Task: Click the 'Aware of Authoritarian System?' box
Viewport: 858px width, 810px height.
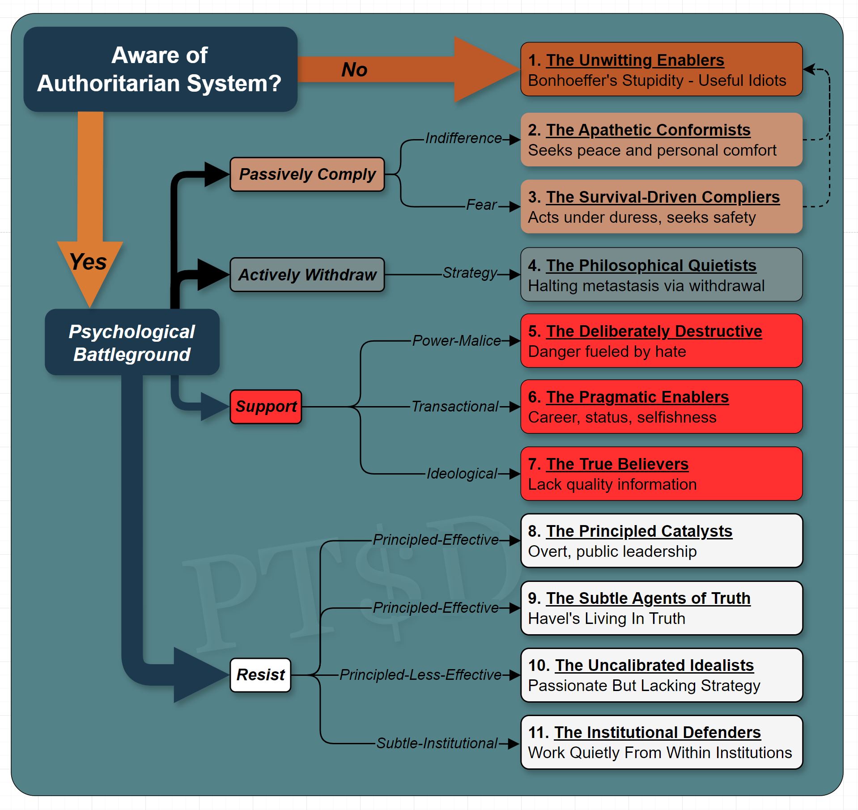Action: [160, 69]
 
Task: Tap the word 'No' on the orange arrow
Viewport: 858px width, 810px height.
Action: [354, 70]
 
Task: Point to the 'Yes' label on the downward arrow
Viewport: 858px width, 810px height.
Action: [88, 262]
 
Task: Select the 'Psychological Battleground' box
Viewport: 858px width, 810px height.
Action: [132, 343]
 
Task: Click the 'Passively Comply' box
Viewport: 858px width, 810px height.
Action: [307, 174]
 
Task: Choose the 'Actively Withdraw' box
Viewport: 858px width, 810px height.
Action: [307, 275]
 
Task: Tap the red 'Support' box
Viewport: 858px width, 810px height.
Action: [266, 406]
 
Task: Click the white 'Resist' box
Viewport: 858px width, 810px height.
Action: [260, 674]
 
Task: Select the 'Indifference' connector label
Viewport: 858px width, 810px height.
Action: [463, 138]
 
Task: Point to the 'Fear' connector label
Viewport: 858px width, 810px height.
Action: [481, 205]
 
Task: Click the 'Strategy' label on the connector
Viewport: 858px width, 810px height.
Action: [470, 272]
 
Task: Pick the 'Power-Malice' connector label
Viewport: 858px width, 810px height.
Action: [456, 341]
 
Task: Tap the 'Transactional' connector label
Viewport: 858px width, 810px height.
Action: [454, 406]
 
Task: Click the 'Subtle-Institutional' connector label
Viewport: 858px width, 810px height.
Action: [437, 743]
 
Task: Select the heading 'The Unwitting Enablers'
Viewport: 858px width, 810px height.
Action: [635, 60]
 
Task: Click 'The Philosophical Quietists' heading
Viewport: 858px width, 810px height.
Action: [651, 265]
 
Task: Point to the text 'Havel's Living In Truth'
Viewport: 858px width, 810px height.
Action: [607, 619]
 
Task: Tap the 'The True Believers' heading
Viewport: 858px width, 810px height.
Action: [617, 464]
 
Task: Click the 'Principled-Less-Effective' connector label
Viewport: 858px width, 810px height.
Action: [421, 674]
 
